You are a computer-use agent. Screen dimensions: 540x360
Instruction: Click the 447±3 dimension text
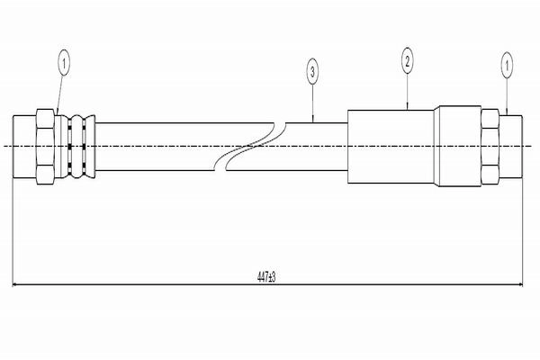[266, 276]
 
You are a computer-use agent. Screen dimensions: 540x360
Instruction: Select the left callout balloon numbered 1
[64, 63]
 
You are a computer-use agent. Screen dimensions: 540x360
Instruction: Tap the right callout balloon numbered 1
[507, 65]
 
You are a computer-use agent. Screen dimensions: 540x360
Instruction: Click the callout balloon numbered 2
[408, 60]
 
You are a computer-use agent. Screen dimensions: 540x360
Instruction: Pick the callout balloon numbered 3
[312, 72]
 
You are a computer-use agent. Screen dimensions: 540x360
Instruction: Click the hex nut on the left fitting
[45, 147]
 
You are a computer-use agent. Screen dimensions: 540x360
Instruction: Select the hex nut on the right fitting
[490, 147]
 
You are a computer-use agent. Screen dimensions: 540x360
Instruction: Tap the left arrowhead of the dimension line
[14, 284]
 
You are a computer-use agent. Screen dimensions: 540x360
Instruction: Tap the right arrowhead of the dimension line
[521, 284]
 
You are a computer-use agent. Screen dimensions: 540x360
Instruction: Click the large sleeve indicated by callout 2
[391, 147]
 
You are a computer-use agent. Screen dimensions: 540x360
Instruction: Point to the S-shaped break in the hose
[250, 147]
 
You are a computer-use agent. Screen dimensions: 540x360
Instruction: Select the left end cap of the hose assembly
[24, 147]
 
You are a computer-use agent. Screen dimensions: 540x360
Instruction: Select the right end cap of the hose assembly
[510, 147]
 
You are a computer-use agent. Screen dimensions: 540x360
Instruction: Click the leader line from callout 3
[312, 103]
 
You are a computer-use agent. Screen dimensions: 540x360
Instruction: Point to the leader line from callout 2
[408, 92]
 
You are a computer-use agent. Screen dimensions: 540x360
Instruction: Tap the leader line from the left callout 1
[59, 95]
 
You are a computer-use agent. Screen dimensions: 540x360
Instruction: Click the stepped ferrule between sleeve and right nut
[457, 147]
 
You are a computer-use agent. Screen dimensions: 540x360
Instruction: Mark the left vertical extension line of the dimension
[13, 232]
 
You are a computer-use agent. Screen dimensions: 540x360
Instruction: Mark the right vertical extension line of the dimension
[523, 232]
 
